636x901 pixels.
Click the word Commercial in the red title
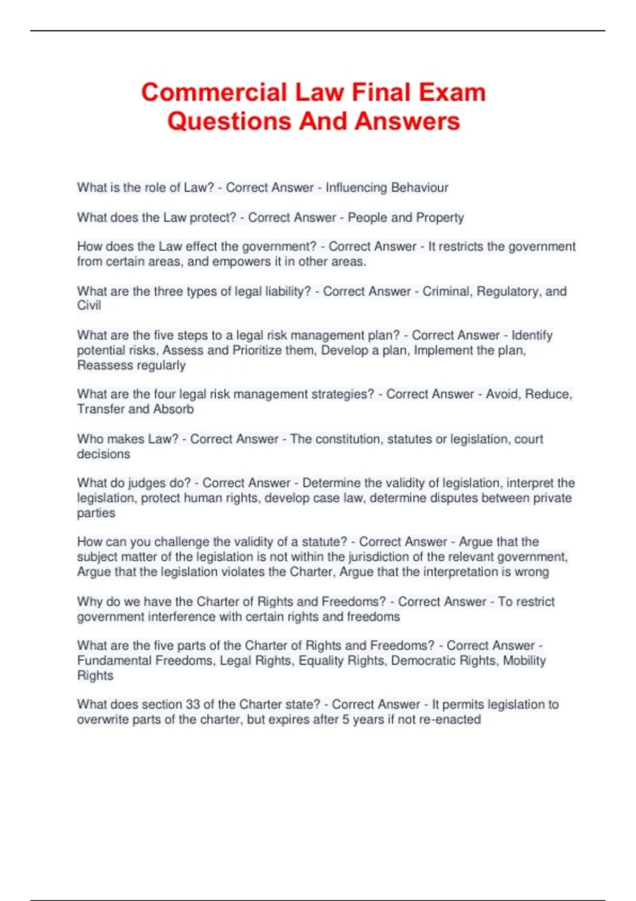click(215, 92)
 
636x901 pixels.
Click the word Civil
click(89, 306)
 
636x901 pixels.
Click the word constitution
click(347, 439)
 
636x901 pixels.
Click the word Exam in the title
click(452, 92)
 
